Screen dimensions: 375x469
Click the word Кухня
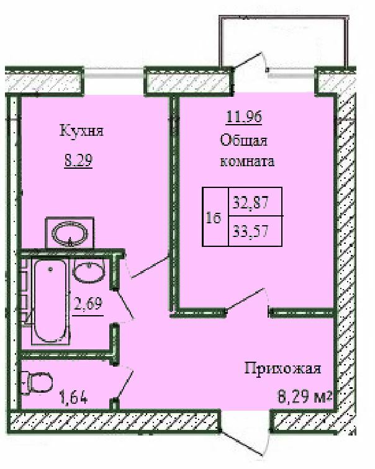pyautogui.click(x=82, y=131)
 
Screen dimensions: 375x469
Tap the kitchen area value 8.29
pyautogui.click(x=78, y=160)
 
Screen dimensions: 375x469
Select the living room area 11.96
pyautogui.click(x=244, y=117)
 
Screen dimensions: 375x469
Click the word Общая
pyautogui.click(x=244, y=140)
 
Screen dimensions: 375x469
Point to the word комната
pyautogui.click(x=248, y=161)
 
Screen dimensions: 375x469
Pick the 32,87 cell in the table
pyautogui.click(x=255, y=202)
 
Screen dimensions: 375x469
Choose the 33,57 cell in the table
pyautogui.click(x=255, y=231)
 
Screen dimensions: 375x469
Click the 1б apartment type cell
pyautogui.click(x=215, y=217)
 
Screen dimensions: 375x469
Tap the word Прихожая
pyautogui.click(x=283, y=368)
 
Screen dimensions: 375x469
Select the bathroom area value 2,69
pyautogui.click(x=88, y=303)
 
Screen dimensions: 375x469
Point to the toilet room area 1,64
pyautogui.click(x=74, y=398)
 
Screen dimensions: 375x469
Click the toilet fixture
pyautogui.click(x=37, y=383)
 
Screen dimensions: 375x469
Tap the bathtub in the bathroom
pyautogui.click(x=50, y=301)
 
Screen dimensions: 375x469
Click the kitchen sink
pyautogui.click(x=70, y=233)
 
